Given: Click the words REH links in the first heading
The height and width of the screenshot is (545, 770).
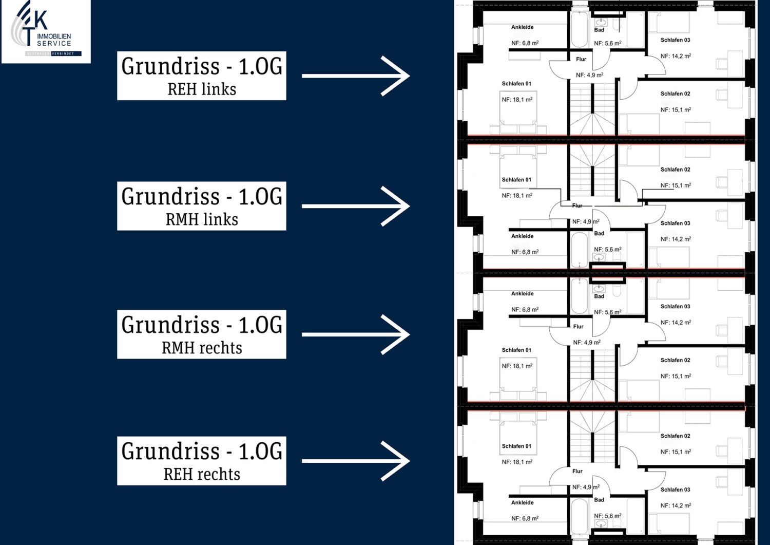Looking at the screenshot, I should (x=202, y=89).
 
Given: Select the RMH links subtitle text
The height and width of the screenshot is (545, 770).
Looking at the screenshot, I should (x=202, y=220).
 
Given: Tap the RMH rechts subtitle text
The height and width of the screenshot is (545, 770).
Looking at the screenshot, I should (x=202, y=348).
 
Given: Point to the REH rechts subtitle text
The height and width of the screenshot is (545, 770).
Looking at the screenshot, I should (x=202, y=475).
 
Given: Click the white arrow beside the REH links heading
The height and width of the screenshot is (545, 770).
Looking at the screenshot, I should (x=356, y=76).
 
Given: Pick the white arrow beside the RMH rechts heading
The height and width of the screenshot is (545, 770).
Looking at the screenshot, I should (x=356, y=334).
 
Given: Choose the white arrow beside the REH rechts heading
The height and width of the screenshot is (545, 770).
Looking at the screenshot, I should (x=356, y=461).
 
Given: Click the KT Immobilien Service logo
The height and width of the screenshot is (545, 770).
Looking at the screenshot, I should (x=46, y=31).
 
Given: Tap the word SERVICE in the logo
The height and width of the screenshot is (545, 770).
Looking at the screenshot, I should (x=54, y=44).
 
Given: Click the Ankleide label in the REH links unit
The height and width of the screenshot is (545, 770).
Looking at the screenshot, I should (x=522, y=27).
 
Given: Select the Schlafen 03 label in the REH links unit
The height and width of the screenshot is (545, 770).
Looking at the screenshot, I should (x=675, y=40).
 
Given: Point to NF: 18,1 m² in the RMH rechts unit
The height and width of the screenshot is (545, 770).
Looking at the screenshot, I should (x=517, y=366).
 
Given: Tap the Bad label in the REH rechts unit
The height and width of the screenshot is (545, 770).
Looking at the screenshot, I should (x=599, y=500).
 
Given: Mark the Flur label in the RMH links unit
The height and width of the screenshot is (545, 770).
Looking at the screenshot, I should (x=577, y=205).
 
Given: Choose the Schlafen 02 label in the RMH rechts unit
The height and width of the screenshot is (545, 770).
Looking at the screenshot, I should (x=675, y=361).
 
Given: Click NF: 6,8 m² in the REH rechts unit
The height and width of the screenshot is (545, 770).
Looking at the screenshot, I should (x=525, y=519).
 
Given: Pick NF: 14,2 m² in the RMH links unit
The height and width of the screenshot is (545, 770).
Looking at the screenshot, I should (x=676, y=239).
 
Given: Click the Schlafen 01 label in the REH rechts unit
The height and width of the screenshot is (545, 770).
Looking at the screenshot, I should (x=516, y=446).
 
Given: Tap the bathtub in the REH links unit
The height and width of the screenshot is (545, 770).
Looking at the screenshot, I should (x=580, y=30).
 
